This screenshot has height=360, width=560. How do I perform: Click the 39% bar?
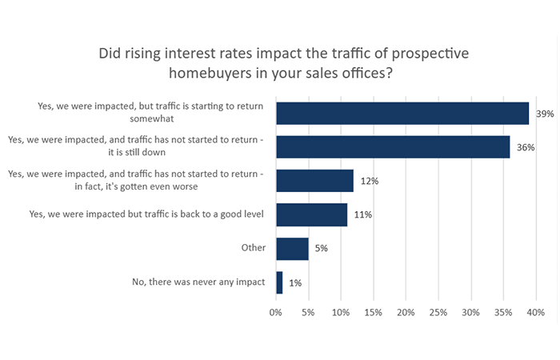tap(402, 113)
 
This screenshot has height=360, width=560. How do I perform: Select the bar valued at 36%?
tap(393, 146)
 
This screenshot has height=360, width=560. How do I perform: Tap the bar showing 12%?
tap(314, 181)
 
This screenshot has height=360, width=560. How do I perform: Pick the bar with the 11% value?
tap(311, 214)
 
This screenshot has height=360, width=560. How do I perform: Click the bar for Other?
tap(292, 248)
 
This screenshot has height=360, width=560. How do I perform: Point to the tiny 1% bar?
tap(279, 282)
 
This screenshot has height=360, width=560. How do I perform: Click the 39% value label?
tap(545, 114)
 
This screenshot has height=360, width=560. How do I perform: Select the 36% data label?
tap(526, 147)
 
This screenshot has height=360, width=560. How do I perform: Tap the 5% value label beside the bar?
tap(320, 249)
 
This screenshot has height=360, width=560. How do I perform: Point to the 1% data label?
tap(294, 282)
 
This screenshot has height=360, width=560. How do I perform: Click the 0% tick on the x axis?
tap(276, 311)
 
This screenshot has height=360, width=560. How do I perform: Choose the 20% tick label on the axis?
tap(406, 311)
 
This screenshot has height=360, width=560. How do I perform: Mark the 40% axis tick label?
tap(535, 311)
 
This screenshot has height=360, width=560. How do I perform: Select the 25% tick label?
tap(438, 311)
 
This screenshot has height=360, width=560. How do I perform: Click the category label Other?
tap(253, 248)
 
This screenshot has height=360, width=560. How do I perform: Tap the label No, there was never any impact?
tap(198, 282)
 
